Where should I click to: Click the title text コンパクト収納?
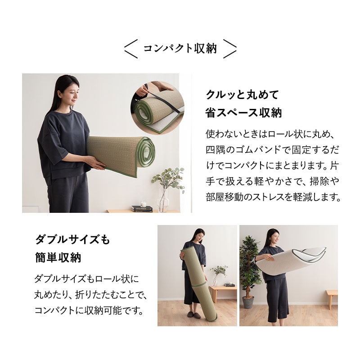180,49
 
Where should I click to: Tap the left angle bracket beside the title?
131,49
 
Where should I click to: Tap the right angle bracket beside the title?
230,49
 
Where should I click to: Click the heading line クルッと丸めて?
242,94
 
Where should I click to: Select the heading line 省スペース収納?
243,112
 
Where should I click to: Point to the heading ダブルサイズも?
72,240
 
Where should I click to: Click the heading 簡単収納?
58,258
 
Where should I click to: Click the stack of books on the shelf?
142,209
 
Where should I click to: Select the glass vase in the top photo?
163,200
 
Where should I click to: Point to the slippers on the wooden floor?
193,314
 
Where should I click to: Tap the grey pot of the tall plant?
248,302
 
